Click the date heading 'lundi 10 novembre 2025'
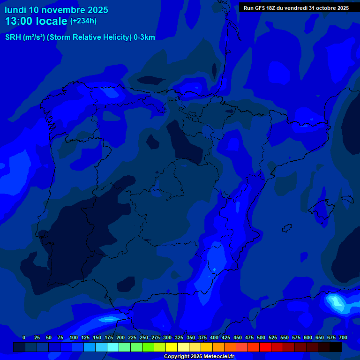56,10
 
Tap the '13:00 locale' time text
36,21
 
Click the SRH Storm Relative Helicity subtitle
80,37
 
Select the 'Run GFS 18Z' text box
296,8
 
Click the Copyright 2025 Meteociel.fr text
199,356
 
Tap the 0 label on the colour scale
24,337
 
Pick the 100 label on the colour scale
74,337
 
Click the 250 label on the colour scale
144,337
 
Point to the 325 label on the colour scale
179,337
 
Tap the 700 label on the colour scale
343,337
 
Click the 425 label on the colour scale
226,337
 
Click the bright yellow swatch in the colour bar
172,347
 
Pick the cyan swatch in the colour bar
113,347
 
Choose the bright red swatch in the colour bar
265,347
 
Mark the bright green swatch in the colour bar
148,347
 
